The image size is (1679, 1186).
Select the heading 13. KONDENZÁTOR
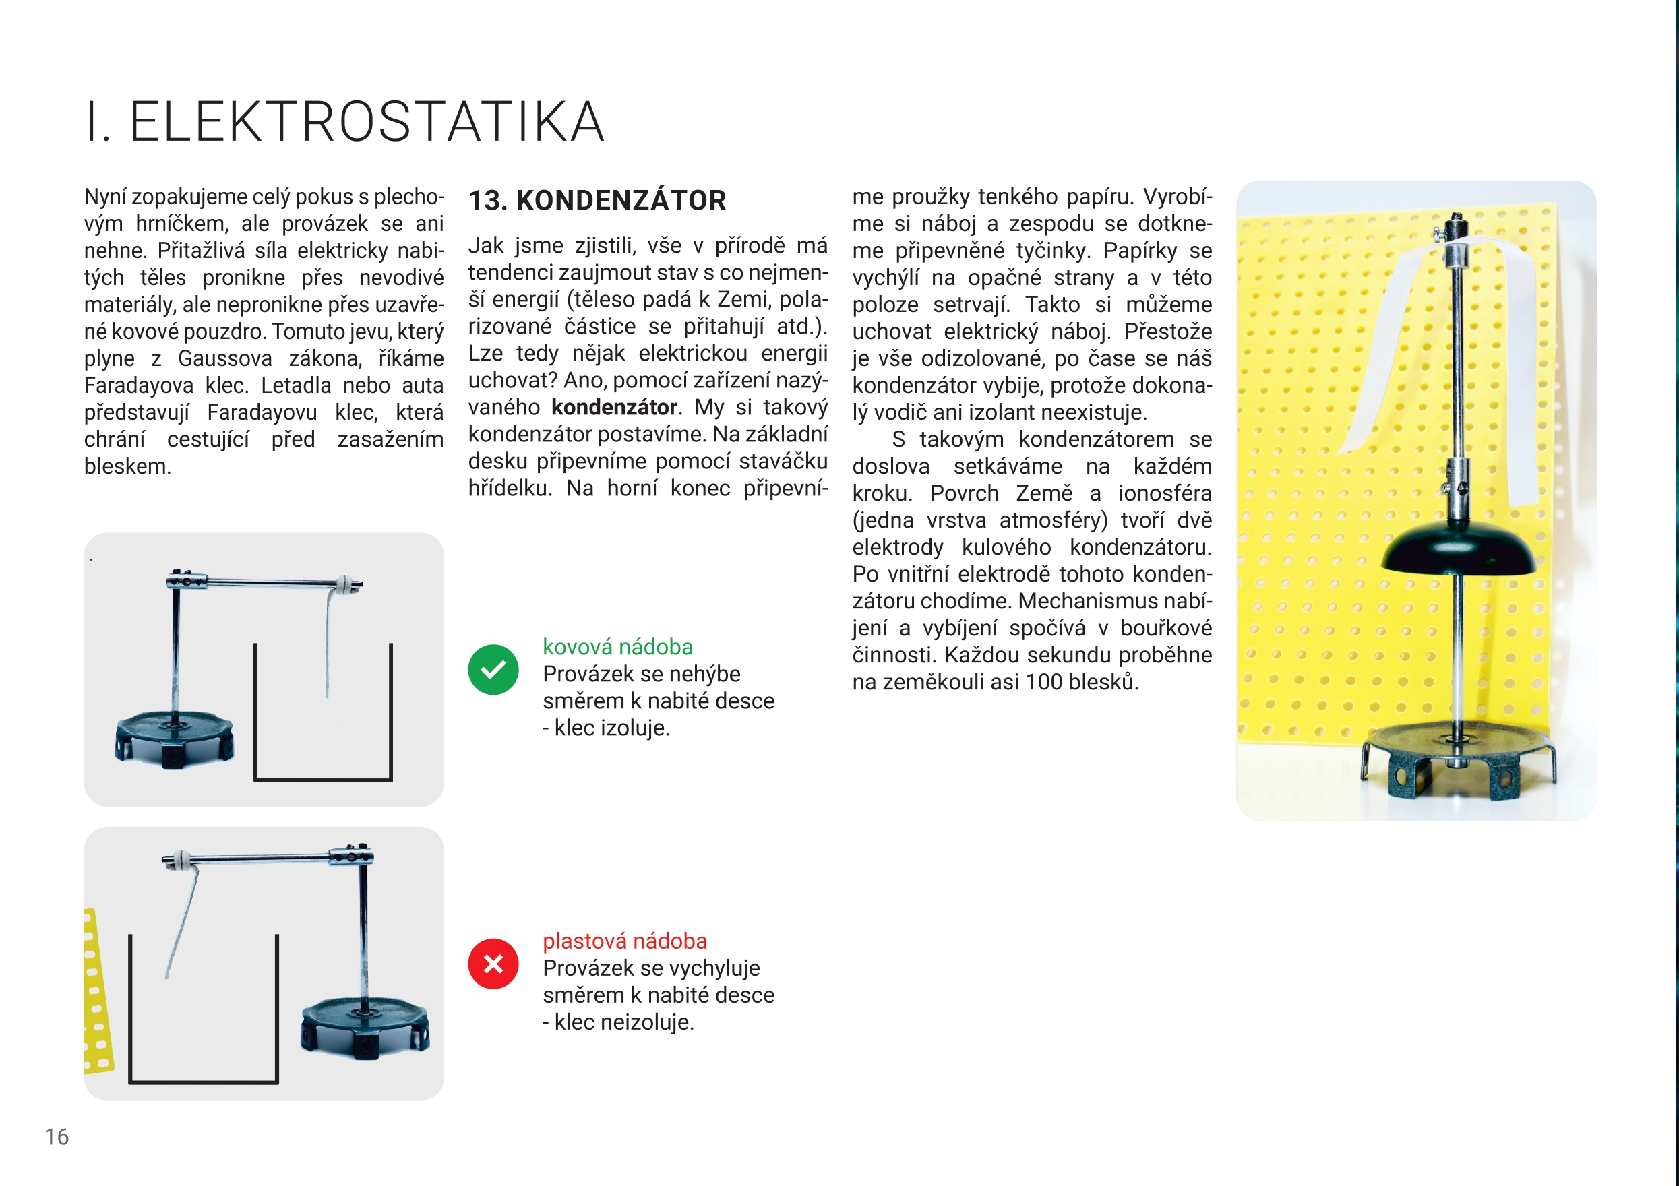(x=597, y=200)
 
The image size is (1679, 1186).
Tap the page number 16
(x=57, y=1136)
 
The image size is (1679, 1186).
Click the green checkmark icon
(x=493, y=669)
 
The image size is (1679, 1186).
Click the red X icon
(x=493, y=964)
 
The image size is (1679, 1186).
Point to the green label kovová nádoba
(x=617, y=646)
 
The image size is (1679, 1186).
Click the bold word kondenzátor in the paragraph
(x=613, y=407)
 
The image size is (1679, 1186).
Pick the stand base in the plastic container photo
(x=364, y=1028)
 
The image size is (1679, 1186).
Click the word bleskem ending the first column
(x=127, y=466)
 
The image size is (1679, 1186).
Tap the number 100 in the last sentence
(x=1043, y=682)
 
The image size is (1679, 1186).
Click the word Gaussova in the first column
(x=224, y=359)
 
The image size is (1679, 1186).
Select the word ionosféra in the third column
(x=1164, y=493)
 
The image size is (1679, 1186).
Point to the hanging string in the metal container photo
(x=328, y=644)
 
